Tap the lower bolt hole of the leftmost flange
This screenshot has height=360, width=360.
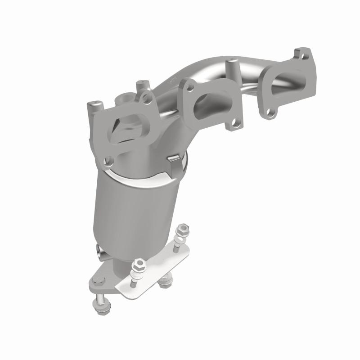coord(108,159)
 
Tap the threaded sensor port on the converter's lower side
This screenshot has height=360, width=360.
coord(100,251)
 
